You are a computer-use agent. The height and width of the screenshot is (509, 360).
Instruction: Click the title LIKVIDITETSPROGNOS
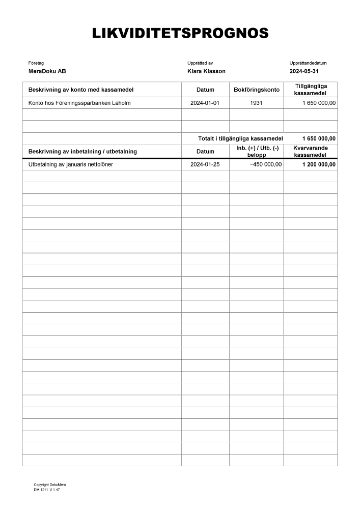pyautogui.click(x=180, y=34)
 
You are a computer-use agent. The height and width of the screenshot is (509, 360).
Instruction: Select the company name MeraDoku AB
pyautogui.click(x=47, y=71)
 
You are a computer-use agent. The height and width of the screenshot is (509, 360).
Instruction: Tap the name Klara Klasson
pyautogui.click(x=206, y=71)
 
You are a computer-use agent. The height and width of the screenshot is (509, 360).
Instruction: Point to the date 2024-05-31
pyautogui.click(x=304, y=71)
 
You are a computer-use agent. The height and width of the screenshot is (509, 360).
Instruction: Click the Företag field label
pyautogui.click(x=36, y=63)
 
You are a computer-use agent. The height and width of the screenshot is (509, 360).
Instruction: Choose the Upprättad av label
pyautogui.click(x=200, y=63)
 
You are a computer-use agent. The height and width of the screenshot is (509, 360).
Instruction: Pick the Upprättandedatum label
pyautogui.click(x=308, y=63)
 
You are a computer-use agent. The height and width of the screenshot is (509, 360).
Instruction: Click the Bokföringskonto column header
pyautogui.click(x=257, y=90)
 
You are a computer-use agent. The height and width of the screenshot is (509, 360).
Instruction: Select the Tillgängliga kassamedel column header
pyautogui.click(x=311, y=90)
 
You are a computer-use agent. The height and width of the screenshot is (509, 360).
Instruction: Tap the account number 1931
pyautogui.click(x=257, y=103)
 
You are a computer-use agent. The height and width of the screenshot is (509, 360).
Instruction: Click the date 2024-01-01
pyautogui.click(x=205, y=103)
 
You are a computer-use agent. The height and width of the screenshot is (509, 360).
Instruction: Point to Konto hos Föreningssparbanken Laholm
pyautogui.click(x=79, y=103)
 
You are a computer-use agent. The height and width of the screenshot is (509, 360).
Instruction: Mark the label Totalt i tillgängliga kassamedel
pyautogui.click(x=240, y=138)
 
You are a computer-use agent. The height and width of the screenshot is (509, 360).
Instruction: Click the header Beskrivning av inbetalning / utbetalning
pyautogui.click(x=82, y=152)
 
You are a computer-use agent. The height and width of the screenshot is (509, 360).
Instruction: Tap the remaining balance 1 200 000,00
pyautogui.click(x=319, y=164)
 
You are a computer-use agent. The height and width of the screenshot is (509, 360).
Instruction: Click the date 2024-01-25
pyautogui.click(x=205, y=164)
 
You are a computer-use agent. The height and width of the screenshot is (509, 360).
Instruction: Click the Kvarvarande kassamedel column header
pyautogui.click(x=311, y=151)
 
